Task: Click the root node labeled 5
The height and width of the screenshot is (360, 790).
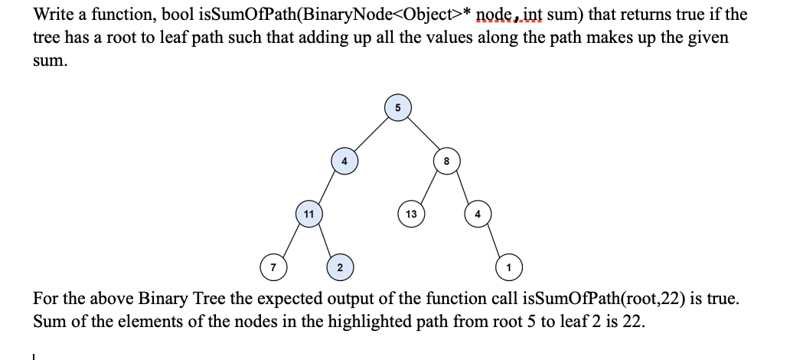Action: [x=397, y=107]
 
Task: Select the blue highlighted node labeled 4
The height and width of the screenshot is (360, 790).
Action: [x=344, y=161]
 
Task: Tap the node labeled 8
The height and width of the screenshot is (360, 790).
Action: [x=447, y=161]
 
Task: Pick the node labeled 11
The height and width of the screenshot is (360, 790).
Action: [x=308, y=214]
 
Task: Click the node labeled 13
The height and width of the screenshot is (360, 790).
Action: [x=411, y=214]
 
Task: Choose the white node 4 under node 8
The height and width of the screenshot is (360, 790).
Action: [x=478, y=214]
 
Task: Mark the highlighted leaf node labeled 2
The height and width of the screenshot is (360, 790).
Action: [x=339, y=267]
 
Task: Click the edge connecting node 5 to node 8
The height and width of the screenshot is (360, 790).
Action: [x=423, y=134]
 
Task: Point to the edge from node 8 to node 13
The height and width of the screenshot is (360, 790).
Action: [x=429, y=188]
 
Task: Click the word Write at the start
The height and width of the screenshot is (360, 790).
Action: [x=53, y=15]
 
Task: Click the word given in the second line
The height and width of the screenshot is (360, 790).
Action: [x=709, y=38]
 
